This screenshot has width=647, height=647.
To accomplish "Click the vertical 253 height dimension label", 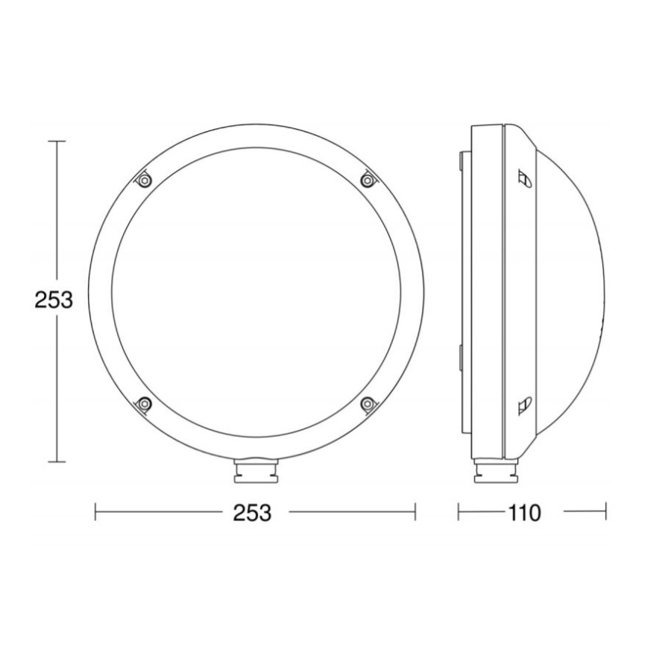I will click(54, 300).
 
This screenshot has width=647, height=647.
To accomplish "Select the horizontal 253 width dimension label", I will click(251, 512).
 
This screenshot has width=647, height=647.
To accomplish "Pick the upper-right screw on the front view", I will click(367, 179).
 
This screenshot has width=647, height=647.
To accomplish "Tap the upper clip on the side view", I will click(524, 178).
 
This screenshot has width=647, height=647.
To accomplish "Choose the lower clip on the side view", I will click(524, 404).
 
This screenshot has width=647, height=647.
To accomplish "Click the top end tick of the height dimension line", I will click(57, 141).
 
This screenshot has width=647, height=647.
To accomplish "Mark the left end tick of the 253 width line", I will click(96, 512).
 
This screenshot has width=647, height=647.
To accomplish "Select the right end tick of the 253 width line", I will click(414, 512).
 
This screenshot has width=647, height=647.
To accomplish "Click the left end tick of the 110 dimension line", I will click(458, 512).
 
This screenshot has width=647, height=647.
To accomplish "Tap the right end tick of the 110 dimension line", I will click(605, 512).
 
